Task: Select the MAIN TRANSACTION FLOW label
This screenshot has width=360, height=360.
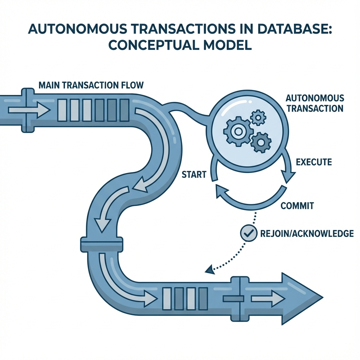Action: click(90, 85)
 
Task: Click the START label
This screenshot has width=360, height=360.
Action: click(194, 174)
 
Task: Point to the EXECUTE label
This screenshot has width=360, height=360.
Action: click(314, 162)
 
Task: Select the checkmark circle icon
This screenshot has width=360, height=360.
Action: click(249, 233)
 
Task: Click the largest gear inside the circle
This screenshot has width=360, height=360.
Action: click(238, 131)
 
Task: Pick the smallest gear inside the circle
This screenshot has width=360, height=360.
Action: click(259, 117)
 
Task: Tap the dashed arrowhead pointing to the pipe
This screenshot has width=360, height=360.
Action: click(209, 270)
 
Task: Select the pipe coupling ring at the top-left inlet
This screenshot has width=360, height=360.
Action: click(28, 110)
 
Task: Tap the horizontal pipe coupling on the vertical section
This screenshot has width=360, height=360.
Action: click(102, 244)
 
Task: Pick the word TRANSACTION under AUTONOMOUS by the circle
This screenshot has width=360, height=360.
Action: click(315, 108)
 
